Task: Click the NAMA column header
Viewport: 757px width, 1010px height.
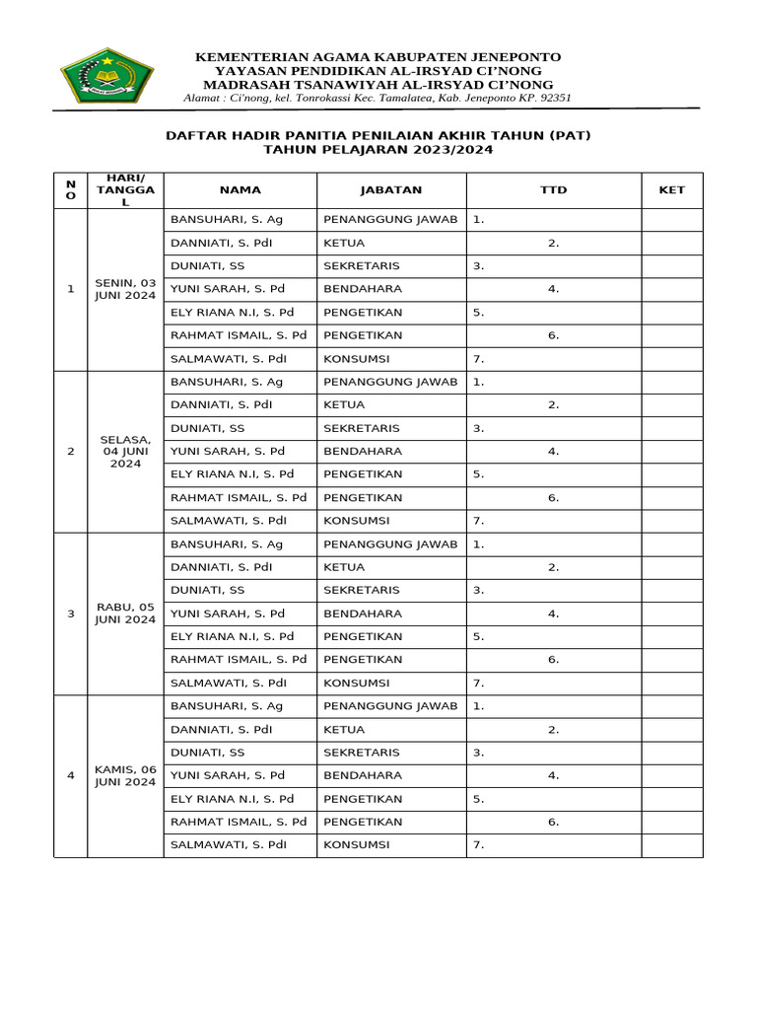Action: (241, 190)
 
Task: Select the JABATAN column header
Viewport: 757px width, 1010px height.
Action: (391, 190)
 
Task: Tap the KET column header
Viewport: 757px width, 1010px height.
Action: (671, 190)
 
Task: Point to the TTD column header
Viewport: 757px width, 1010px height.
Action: (554, 190)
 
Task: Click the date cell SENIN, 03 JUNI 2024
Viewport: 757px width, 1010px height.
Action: (125, 289)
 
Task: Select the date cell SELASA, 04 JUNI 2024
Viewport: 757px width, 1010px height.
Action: (125, 451)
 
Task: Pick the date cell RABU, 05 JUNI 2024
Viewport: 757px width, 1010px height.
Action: (125, 613)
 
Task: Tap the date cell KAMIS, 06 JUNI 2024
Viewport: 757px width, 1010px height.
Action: (125, 775)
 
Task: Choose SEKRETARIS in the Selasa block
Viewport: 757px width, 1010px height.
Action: (362, 428)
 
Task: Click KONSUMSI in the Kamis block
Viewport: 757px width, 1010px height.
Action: (357, 845)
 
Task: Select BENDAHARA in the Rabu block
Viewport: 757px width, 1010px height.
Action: (360, 613)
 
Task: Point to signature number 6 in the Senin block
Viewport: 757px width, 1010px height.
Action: (554, 335)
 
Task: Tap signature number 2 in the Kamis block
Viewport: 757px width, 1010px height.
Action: (554, 730)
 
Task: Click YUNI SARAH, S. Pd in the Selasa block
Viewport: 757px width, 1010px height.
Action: (228, 451)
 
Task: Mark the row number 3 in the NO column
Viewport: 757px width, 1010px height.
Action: (70, 613)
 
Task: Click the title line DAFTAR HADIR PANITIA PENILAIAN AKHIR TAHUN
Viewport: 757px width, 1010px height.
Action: (378, 135)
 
